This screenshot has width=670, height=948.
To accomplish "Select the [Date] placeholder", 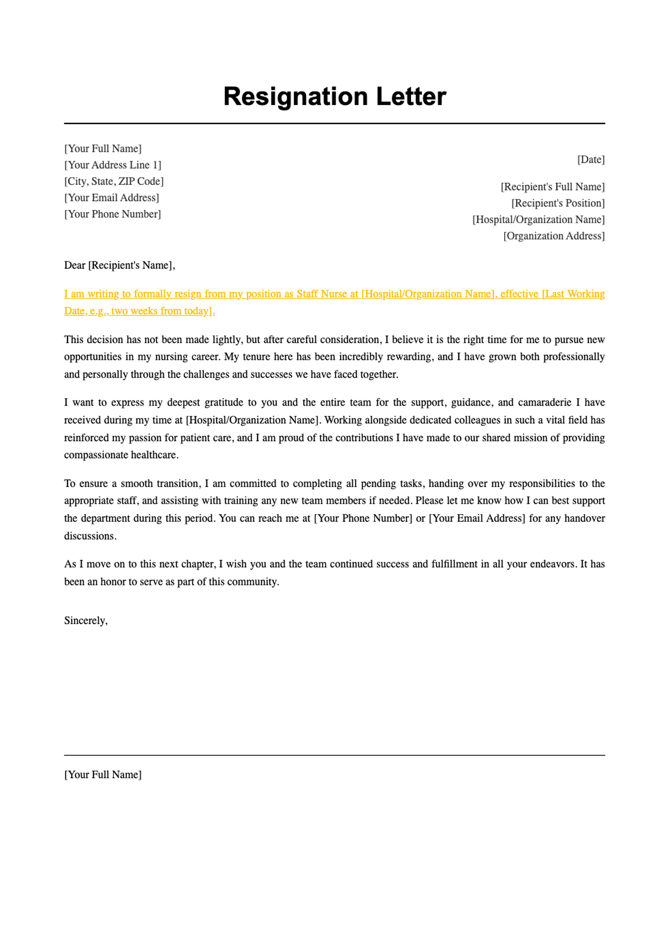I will pyautogui.click(x=591, y=160).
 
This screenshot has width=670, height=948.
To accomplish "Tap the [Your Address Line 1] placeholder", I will pyautogui.click(x=113, y=165).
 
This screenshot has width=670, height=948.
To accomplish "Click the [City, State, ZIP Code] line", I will pyautogui.click(x=114, y=182).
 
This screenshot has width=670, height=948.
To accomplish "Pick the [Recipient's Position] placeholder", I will pyautogui.click(x=558, y=203).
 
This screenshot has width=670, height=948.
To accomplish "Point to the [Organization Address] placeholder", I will pyautogui.click(x=554, y=236).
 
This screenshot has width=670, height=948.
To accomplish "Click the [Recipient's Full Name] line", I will pyautogui.click(x=552, y=187).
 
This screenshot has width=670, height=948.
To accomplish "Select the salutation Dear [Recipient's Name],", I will pyautogui.click(x=119, y=265).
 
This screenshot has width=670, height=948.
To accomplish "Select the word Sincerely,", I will pyautogui.click(x=85, y=621).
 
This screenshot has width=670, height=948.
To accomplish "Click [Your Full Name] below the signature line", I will pyautogui.click(x=103, y=775).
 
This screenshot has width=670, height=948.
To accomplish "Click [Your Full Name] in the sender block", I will pyautogui.click(x=103, y=149).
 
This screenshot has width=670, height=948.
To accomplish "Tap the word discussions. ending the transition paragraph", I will pyautogui.click(x=90, y=536).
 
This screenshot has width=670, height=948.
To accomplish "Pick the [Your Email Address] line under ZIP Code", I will pyautogui.click(x=112, y=198).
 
